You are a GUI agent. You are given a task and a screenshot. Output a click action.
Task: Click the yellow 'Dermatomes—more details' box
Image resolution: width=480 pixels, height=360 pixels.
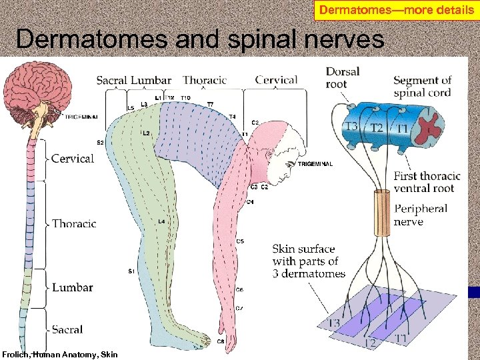(x=397, y=10)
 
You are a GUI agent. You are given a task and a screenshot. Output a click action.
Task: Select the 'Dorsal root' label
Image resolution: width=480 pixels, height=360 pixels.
(x=342, y=77)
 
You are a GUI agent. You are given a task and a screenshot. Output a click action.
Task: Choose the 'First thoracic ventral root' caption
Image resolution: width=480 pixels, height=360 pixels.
(x=427, y=182)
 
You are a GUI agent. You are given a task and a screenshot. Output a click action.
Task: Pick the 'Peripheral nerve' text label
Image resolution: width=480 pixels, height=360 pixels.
(x=420, y=215)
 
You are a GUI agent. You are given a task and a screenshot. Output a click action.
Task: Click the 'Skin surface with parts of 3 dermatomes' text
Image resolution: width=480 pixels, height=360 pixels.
(x=309, y=261)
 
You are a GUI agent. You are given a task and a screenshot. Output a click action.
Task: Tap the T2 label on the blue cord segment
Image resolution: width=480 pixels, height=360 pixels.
(x=377, y=128)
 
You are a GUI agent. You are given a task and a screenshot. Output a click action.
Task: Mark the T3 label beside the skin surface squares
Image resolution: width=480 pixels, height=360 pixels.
(x=333, y=323)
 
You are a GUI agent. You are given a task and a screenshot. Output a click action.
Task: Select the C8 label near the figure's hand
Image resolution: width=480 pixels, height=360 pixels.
(x=221, y=342)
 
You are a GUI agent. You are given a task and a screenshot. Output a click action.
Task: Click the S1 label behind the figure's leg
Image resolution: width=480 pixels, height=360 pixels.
(x=131, y=271)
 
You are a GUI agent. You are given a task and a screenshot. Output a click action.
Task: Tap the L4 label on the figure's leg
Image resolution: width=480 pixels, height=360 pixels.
(x=161, y=221)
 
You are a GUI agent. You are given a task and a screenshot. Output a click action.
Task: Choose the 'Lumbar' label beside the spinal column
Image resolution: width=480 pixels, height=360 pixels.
(x=73, y=287)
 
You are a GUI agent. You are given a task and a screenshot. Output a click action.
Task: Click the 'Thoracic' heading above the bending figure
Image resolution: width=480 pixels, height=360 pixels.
(x=205, y=81)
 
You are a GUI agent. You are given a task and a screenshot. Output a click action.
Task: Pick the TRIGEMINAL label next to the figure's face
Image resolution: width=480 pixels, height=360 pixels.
(x=315, y=164)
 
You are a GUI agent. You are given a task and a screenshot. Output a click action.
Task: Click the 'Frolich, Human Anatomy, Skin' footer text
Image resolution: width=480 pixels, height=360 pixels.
(x=60, y=355)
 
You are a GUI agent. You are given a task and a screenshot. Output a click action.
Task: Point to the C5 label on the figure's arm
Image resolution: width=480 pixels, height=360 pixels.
(x=240, y=241)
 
